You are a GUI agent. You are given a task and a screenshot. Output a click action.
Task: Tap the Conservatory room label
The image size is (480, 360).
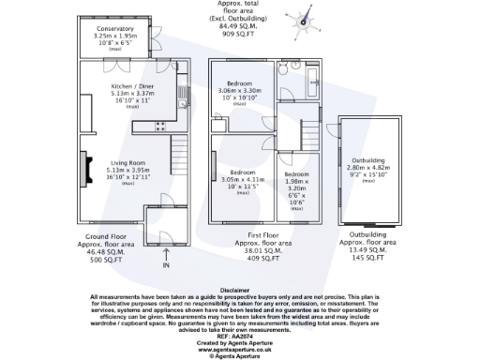[x=115, y=29]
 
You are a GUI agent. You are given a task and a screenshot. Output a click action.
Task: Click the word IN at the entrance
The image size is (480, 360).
[x=166, y=267]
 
